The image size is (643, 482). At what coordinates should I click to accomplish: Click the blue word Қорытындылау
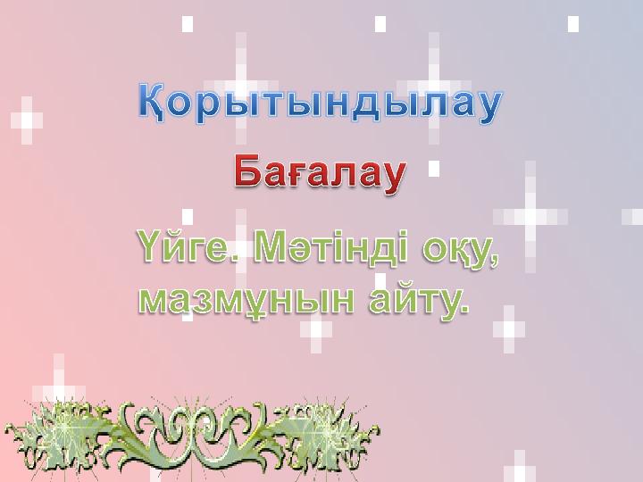pyautogui.click(x=321, y=103)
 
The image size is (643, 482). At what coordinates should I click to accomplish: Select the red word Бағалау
pyautogui.click(x=321, y=173)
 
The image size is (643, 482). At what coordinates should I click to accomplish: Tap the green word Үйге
pyautogui.click(x=186, y=246)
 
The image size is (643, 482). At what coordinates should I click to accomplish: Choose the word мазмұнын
pyautogui.click(x=246, y=301)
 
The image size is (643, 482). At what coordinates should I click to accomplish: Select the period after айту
pyautogui.click(x=463, y=310)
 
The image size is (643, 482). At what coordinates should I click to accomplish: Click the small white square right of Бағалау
pyautogui.click(x=434, y=169)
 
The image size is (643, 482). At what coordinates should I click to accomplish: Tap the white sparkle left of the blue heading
pyautogui.click(x=27, y=120)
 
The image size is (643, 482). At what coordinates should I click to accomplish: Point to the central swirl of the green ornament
pyautogui.click(x=193, y=435)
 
